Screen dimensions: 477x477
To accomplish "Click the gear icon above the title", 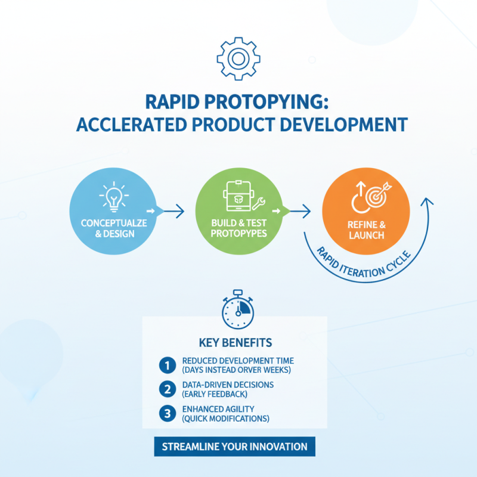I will (x=238, y=58).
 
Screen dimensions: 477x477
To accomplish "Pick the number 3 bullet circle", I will (x=166, y=413).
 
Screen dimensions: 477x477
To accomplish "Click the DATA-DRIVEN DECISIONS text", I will (x=228, y=385).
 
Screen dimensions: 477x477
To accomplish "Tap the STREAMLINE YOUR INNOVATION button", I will (x=234, y=446).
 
